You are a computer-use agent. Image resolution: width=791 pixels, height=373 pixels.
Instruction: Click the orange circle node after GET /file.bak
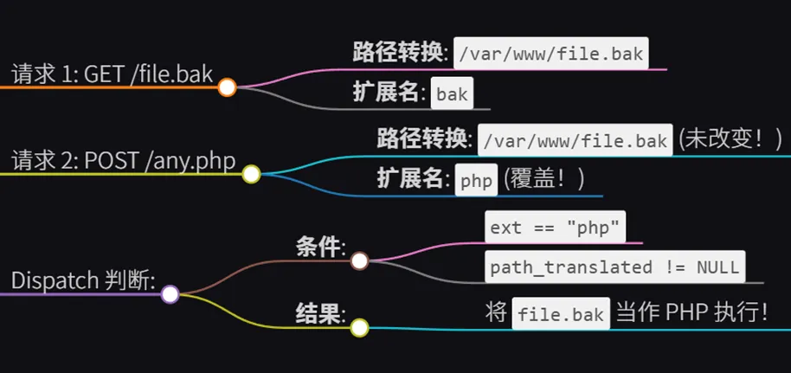tap(227, 87)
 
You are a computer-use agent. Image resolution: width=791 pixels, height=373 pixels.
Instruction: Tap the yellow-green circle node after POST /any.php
tap(251, 175)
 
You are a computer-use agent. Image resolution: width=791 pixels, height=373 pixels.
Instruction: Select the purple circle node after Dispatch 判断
tap(170, 294)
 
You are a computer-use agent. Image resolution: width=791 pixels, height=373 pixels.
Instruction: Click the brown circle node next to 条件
tap(360, 260)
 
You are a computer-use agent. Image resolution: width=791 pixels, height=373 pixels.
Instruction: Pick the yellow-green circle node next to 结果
tap(360, 327)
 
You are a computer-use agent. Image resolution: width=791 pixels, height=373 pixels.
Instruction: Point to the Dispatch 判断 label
tap(83, 280)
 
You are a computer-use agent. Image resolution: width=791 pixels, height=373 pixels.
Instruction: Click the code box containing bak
tap(452, 94)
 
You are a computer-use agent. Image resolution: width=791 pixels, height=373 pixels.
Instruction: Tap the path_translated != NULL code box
tap(614, 267)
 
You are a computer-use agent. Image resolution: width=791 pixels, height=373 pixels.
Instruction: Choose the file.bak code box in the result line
tap(561, 314)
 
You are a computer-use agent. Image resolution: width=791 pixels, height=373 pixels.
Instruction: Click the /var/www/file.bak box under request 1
tap(551, 53)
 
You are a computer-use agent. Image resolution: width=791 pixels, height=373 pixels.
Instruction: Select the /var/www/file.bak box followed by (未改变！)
tap(576, 140)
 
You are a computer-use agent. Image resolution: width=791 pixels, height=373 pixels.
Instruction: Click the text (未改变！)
tap(730, 139)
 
